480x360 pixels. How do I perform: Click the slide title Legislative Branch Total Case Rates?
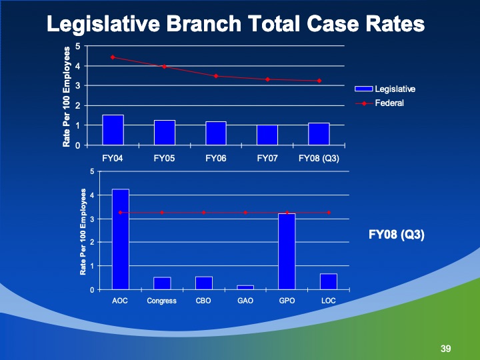click(x=235, y=24)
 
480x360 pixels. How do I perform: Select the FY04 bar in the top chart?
click(x=113, y=130)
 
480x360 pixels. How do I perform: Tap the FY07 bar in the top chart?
click(x=267, y=135)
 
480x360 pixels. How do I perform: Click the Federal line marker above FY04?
click(x=113, y=57)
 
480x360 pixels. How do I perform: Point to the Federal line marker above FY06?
click(x=216, y=76)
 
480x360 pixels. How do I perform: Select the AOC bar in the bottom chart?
click(x=121, y=239)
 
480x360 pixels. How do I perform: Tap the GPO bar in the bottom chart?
click(x=287, y=251)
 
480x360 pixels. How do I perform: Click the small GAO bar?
click(x=245, y=287)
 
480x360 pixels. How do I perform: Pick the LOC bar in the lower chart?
click(x=329, y=281)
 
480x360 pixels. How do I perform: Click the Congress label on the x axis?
click(x=162, y=301)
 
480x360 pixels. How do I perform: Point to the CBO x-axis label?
click(x=203, y=301)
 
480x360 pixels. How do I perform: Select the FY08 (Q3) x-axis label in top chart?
click(x=319, y=158)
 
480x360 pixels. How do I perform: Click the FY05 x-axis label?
click(x=164, y=158)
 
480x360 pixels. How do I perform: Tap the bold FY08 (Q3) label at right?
click(x=397, y=235)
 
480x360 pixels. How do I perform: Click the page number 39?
click(x=446, y=349)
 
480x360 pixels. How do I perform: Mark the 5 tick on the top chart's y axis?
click(x=79, y=46)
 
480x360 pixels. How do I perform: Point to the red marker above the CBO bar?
click(x=203, y=213)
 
